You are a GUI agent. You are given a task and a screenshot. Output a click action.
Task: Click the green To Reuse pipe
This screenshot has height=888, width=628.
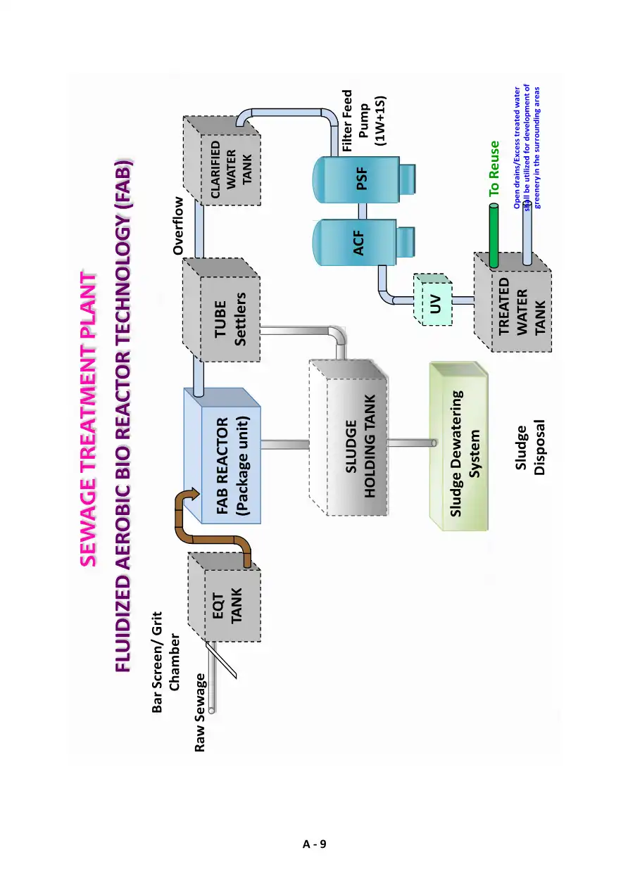(x=494, y=236)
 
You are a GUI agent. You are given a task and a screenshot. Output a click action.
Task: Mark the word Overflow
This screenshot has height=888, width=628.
(x=178, y=225)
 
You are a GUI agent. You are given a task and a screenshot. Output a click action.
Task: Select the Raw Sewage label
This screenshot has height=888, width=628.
(x=201, y=712)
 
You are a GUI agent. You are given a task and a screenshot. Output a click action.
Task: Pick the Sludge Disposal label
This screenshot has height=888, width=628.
(x=530, y=450)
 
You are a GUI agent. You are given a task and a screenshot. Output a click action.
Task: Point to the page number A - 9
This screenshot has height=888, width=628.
(x=314, y=844)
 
